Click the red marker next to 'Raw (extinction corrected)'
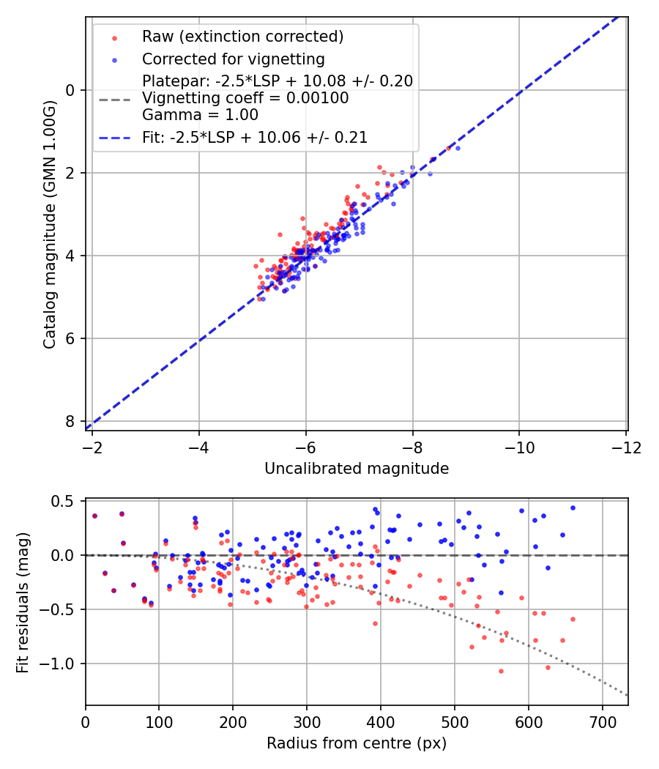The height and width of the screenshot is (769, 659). [113, 37]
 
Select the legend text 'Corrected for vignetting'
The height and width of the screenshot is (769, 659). [233, 59]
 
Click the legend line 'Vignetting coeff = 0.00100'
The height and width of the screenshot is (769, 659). [245, 98]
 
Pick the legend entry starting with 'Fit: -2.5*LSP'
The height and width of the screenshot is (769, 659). [255, 137]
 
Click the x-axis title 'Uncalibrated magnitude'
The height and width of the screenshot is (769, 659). [357, 469]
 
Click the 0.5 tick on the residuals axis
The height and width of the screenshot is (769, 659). [65, 501]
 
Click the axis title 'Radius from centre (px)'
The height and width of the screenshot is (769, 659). [357, 743]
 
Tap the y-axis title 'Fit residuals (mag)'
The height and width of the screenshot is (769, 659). [23, 603]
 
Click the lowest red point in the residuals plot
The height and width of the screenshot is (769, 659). [501, 671]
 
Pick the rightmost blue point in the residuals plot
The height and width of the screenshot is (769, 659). [573, 508]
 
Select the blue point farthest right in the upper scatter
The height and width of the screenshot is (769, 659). [458, 148]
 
